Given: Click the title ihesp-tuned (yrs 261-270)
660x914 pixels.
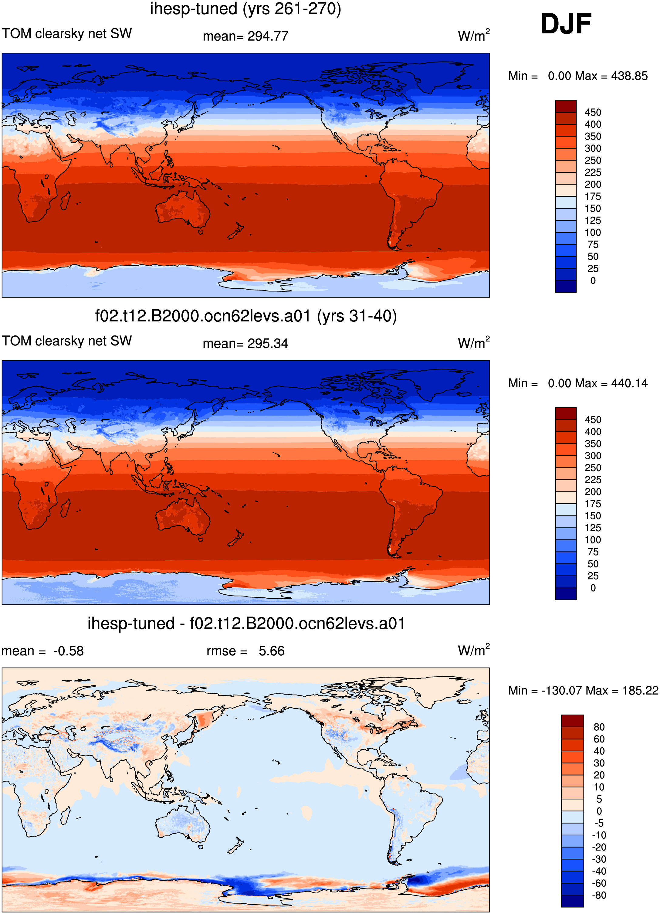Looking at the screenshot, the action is [x=245, y=9].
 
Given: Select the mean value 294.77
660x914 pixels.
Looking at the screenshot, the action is [x=268, y=36].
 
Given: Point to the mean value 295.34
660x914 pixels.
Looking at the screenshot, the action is [x=268, y=344].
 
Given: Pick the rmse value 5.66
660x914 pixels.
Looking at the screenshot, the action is [x=272, y=651].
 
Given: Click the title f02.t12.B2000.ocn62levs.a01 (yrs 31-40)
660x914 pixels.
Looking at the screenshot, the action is [x=246, y=316].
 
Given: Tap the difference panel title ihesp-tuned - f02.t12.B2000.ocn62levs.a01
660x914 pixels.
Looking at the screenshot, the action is [x=246, y=623].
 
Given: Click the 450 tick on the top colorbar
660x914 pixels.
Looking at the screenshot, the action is [x=593, y=112].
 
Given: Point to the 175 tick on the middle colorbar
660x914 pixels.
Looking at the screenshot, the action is [x=593, y=504].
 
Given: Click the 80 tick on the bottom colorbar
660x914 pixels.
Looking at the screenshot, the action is [x=599, y=727].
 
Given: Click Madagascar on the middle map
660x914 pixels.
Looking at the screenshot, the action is [x=65, y=508].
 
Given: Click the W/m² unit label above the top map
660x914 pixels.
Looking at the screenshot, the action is [x=474, y=36].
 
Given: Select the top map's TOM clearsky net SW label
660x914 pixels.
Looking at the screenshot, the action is [x=67, y=33].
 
